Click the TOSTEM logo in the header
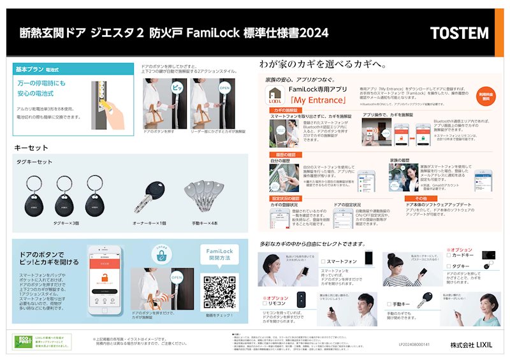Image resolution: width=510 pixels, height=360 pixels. [x=458, y=33]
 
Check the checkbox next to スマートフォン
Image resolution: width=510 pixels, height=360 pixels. [x=324, y=261]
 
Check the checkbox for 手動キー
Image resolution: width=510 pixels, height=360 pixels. [x=387, y=305]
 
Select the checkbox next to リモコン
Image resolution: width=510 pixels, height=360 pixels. [x=264, y=305]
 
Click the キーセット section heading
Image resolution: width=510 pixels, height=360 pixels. [x=32, y=148]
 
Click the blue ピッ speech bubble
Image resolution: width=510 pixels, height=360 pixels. [x=177, y=88]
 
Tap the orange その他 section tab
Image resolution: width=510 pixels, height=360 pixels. [x=411, y=199]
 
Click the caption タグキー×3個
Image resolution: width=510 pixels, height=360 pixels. [x=66, y=223]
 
